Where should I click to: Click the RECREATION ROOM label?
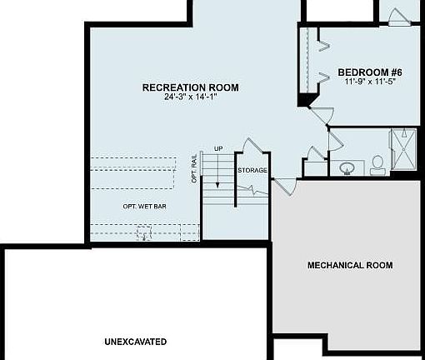(191, 87)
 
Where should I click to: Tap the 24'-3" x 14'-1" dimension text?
(190, 97)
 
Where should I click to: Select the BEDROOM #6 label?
(370, 72)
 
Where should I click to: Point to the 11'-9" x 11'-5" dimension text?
(370, 82)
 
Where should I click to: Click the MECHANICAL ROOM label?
(350, 265)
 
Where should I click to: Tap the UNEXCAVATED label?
(136, 342)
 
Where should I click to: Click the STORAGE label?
(252, 170)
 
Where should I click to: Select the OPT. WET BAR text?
(145, 207)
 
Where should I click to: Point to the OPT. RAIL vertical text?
(194, 168)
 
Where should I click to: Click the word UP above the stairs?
(218, 149)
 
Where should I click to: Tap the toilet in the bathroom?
(377, 166)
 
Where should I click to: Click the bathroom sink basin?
(347, 167)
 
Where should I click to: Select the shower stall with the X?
(403, 149)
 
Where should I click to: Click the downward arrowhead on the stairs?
(217, 185)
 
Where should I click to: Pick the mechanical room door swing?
(285, 187)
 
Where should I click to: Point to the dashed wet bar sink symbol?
(144, 232)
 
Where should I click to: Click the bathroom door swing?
(336, 140)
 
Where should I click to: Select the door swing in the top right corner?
(398, 17)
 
